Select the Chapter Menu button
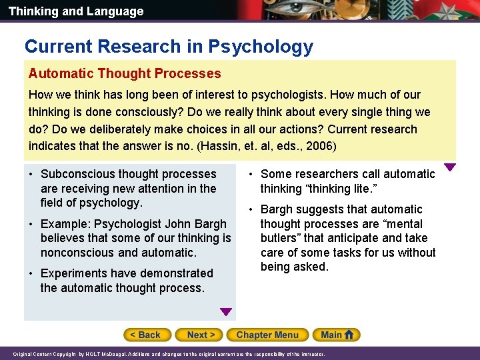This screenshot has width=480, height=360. [x=267, y=335]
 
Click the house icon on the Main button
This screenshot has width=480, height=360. [x=350, y=335]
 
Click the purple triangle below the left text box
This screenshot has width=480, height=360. [x=226, y=311]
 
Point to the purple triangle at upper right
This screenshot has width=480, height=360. [x=450, y=167]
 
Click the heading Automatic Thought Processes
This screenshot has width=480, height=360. [x=125, y=73]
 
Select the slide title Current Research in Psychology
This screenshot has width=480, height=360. [x=169, y=47]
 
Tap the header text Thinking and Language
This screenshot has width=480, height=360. [x=76, y=11]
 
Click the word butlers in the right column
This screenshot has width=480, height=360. [x=279, y=238]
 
